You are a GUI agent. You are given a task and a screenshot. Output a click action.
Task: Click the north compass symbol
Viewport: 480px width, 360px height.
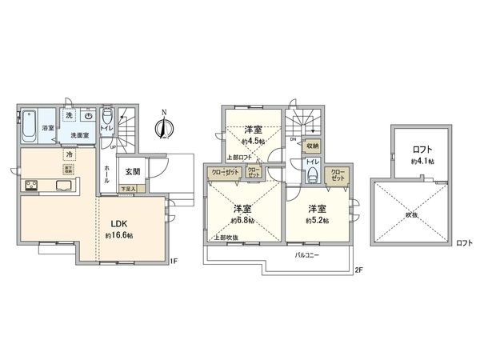166,126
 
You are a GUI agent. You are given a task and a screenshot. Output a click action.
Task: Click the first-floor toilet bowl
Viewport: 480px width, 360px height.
107,117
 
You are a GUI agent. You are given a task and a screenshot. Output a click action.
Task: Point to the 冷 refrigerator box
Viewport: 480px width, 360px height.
70,154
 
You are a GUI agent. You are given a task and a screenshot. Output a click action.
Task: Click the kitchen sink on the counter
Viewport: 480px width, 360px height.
64,187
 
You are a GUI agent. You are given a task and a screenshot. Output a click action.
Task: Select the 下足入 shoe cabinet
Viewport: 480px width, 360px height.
128,189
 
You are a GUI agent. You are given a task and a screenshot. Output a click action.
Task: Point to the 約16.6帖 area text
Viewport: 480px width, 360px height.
118,235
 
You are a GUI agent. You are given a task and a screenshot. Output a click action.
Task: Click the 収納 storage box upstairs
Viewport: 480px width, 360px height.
310,146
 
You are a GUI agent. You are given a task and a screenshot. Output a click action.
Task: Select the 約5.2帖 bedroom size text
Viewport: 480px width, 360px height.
318,219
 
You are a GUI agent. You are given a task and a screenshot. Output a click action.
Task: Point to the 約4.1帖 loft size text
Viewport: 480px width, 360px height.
422,162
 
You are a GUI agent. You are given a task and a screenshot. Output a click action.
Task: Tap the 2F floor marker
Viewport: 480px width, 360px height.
358,270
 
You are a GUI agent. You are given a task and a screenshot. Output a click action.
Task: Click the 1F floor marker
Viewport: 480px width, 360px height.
174,261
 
